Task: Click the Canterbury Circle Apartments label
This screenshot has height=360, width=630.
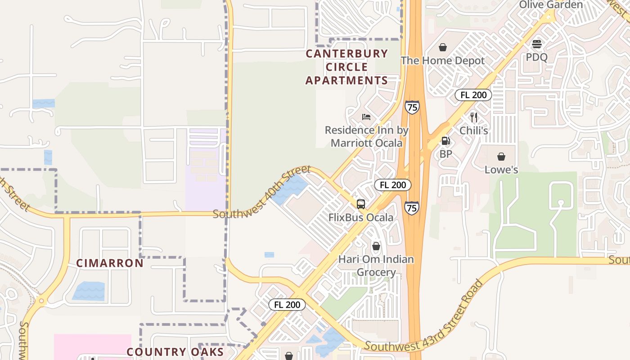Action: click(x=346, y=67)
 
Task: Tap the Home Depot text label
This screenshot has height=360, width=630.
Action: click(x=443, y=61)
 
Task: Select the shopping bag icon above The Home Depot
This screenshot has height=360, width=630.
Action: click(x=443, y=47)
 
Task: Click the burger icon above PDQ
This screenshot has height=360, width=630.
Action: click(x=536, y=45)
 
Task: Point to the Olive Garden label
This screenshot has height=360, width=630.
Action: click(x=551, y=5)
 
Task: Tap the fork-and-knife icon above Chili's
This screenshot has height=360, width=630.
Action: click(x=473, y=117)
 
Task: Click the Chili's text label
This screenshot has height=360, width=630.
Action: click(x=473, y=130)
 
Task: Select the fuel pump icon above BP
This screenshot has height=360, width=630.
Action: click(x=445, y=141)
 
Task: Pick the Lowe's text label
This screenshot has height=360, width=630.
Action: click(x=501, y=170)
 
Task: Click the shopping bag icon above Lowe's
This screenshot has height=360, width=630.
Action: click(x=501, y=157)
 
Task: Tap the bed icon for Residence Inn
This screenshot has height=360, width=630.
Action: click(x=366, y=117)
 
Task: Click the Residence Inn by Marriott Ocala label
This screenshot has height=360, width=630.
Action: click(x=366, y=137)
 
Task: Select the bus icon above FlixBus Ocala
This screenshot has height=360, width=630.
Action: click(x=360, y=204)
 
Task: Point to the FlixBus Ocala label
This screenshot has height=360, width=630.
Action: click(x=360, y=217)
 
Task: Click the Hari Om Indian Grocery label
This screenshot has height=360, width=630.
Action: click(x=376, y=265)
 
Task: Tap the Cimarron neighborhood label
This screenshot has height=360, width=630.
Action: click(x=109, y=263)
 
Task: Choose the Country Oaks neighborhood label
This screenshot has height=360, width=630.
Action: click(x=175, y=352)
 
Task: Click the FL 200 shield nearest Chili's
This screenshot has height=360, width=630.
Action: click(x=473, y=95)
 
